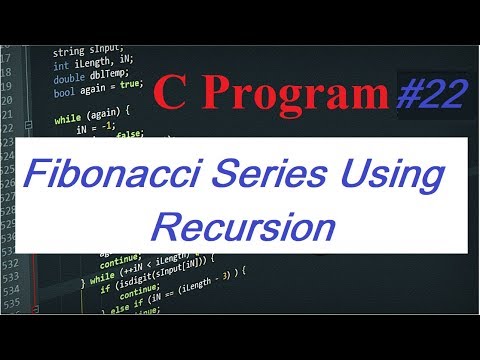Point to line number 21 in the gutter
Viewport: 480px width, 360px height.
7,116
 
